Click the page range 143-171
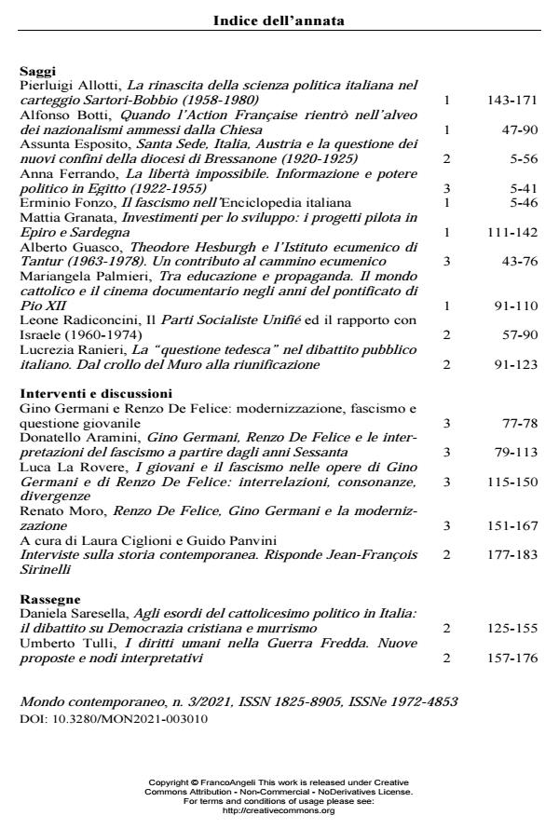(x=513, y=100)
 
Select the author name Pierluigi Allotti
(x=68, y=85)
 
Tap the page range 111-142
(x=513, y=232)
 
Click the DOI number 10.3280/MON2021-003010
(x=125, y=719)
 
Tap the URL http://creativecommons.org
(x=279, y=810)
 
